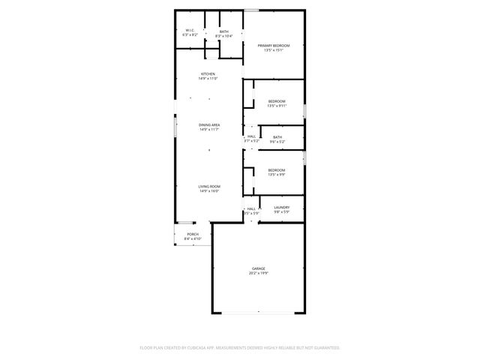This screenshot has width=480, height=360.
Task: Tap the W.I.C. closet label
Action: tap(190, 31)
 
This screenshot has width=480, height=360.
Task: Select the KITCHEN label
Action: tap(208, 73)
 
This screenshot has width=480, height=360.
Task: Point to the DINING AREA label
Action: tap(209, 124)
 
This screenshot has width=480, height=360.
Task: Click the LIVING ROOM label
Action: tap(209, 186)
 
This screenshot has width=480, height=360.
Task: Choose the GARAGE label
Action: tap(258, 268)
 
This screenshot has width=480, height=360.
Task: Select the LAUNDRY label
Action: tap(281, 208)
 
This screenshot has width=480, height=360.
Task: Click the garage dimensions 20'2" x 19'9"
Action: tap(258, 273)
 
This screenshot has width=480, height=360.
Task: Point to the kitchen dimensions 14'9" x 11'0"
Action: tap(208, 79)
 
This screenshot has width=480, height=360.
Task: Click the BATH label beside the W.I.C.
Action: tap(223, 31)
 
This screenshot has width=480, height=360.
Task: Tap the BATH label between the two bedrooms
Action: tap(277, 137)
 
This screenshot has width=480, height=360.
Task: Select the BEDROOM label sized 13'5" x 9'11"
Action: tap(277, 100)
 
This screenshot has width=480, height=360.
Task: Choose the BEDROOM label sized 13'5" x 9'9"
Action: tap(277, 170)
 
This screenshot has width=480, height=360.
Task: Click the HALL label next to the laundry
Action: tap(251, 208)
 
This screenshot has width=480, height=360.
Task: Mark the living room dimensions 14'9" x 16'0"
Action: tap(209, 191)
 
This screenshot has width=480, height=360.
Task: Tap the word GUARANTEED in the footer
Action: tap(324, 348)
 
